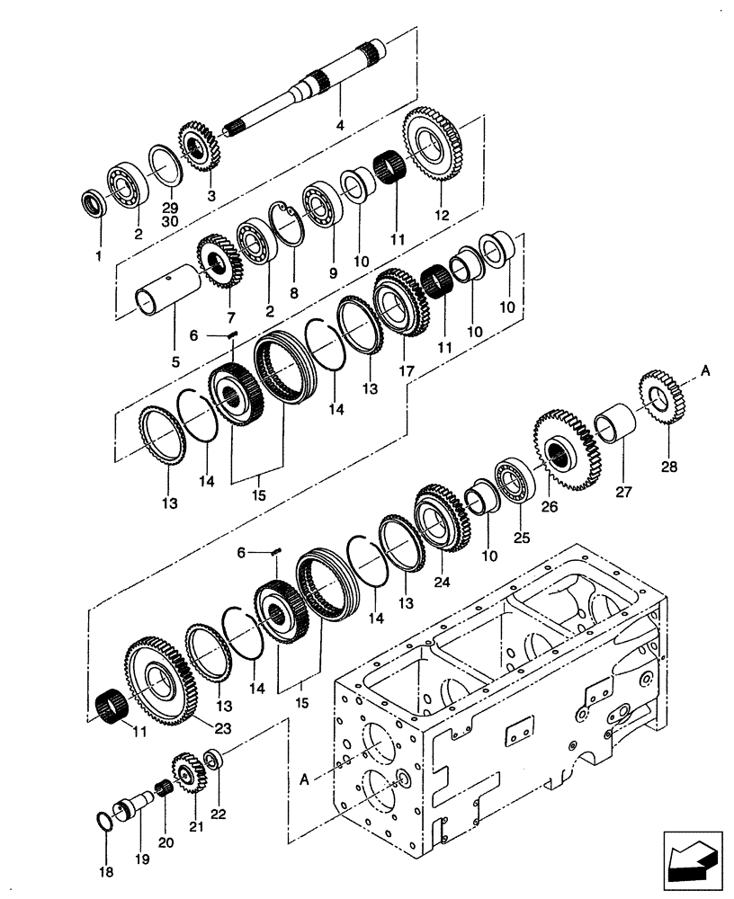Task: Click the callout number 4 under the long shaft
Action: click(340, 126)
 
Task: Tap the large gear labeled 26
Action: click(564, 450)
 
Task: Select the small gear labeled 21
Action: click(189, 772)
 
